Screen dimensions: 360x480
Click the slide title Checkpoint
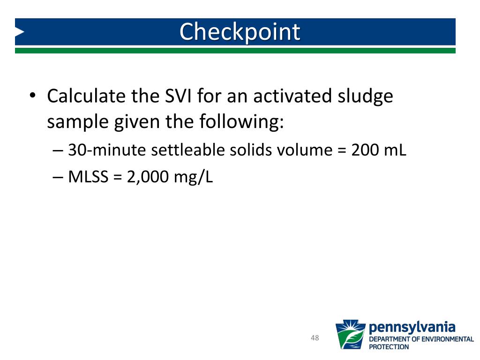(240, 32)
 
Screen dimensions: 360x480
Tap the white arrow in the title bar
(19, 32)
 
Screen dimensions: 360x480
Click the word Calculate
(86, 96)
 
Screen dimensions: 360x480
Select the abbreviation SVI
(177, 96)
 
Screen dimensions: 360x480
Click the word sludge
(366, 97)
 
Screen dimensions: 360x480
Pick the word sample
(77, 122)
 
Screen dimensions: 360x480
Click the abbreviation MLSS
(88, 177)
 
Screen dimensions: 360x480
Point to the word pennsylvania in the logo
(412, 327)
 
